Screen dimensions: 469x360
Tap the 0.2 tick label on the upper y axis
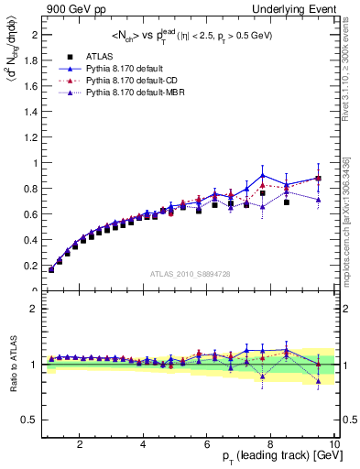[30, 266]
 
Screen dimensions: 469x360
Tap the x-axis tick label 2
[80, 444]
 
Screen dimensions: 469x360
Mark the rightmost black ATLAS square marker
[318, 179]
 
